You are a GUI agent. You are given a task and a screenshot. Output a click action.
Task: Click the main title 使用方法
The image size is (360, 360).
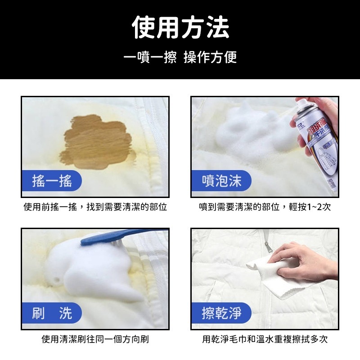click(180, 28)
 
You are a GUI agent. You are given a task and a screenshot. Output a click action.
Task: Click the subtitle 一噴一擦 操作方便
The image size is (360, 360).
click(180, 58)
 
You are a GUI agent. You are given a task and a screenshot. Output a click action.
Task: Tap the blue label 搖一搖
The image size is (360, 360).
click(52, 180)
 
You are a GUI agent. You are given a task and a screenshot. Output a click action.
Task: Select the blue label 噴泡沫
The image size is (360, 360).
click(221, 180)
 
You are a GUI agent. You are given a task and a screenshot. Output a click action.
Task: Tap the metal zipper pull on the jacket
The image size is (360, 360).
click(269, 247)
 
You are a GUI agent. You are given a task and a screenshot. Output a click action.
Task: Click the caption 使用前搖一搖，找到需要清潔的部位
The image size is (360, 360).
click(95, 207)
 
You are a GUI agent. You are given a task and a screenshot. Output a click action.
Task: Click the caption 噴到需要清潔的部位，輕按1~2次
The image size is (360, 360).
click(265, 207)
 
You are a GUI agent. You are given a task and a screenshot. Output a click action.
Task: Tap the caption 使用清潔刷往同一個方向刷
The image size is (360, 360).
click(95, 339)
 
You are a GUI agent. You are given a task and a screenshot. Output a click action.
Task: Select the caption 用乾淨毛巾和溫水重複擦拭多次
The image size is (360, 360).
click(265, 339)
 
